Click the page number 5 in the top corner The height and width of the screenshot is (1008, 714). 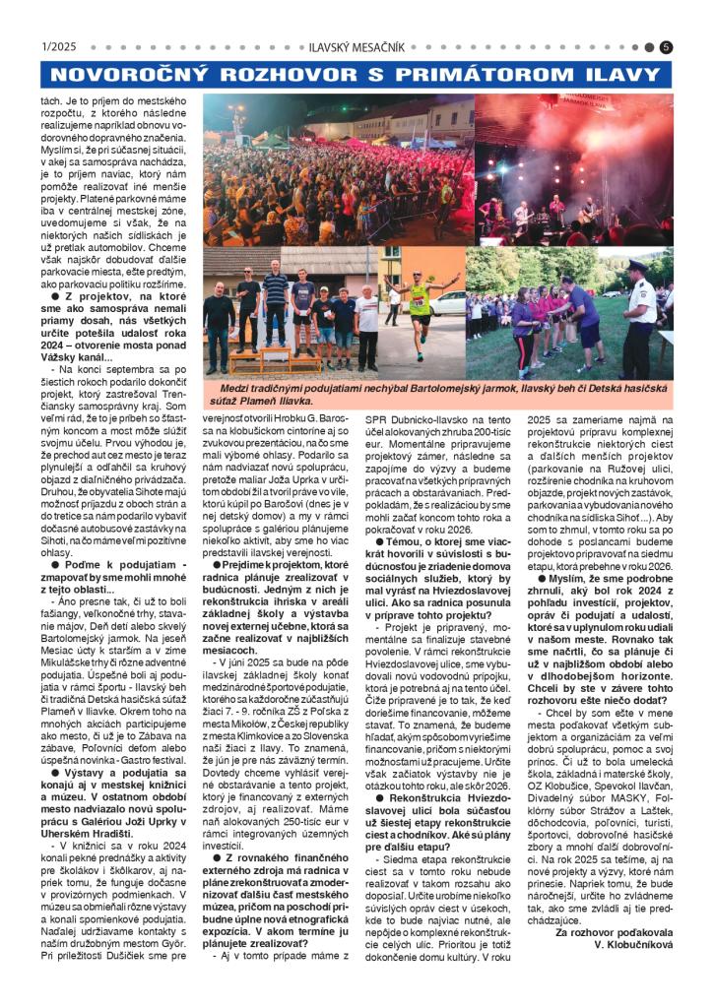click(x=667, y=46)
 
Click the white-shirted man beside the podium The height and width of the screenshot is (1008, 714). click(x=366, y=325)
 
